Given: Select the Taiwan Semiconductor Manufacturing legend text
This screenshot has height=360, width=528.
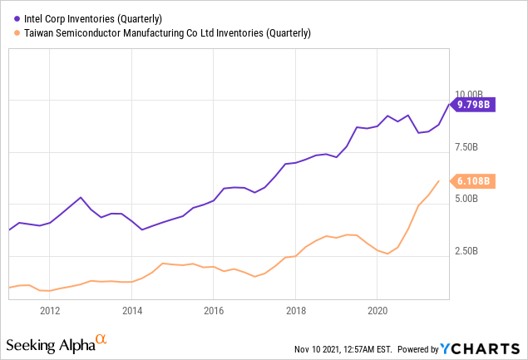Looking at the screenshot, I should [x=164, y=33].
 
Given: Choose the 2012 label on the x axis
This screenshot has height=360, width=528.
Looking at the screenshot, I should [x=50, y=313].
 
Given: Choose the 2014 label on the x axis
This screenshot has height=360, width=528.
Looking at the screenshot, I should [x=131, y=313].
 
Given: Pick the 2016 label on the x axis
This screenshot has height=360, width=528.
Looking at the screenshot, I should [x=213, y=313].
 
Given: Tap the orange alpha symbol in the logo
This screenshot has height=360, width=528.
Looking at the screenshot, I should [x=101, y=339].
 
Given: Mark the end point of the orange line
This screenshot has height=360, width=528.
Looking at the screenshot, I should [x=438, y=180].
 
